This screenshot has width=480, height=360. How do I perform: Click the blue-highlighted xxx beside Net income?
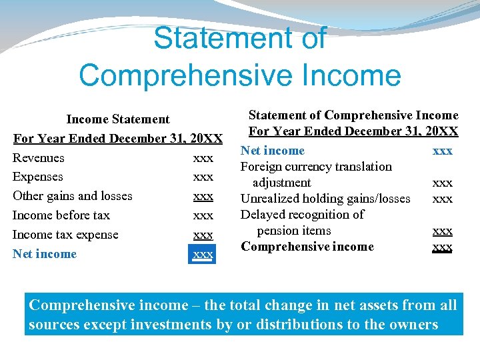(203, 254)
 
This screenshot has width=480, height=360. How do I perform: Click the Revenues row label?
(39, 158)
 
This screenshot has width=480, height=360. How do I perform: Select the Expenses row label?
(38, 177)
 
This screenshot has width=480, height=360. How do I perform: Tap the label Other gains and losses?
(73, 196)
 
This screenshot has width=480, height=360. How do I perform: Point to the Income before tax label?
(61, 215)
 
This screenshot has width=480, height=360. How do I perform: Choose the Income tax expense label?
(65, 235)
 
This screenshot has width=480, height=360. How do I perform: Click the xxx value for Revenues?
(203, 159)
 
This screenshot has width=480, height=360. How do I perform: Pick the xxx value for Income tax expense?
(203, 235)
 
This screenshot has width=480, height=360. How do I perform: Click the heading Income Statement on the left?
(118, 119)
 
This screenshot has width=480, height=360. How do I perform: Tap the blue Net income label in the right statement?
(273, 151)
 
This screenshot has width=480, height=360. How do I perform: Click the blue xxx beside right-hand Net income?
(443, 151)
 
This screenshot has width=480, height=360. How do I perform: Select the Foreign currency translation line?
(316, 167)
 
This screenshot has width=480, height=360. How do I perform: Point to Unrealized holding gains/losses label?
(325, 199)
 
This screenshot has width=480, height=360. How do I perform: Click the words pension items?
(294, 231)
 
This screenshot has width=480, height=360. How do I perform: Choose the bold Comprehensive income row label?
(307, 247)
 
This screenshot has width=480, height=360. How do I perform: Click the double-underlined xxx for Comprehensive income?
(443, 247)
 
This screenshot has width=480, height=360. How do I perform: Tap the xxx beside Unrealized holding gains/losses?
(443, 199)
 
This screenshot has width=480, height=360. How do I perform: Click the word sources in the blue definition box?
(51, 325)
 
